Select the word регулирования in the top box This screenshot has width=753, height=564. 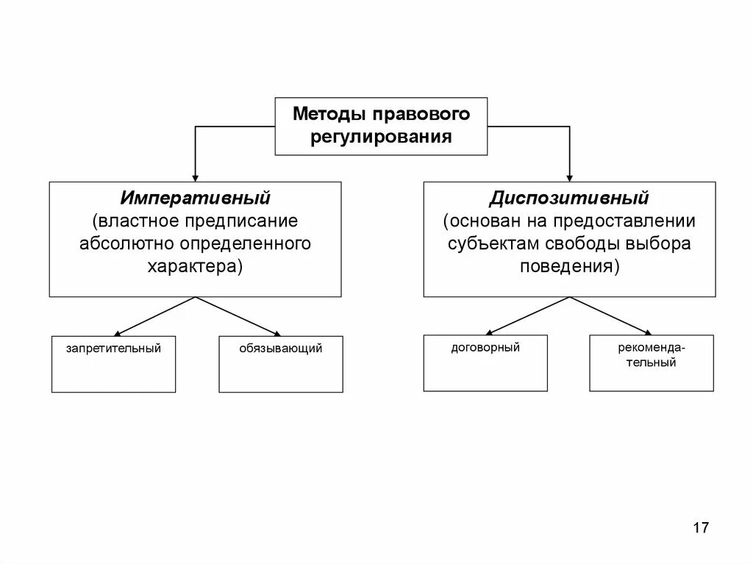[381, 137]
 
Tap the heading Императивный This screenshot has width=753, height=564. [196, 199]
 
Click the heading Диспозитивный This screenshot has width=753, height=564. [569, 199]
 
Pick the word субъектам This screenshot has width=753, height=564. [485, 243]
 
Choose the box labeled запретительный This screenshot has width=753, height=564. [113, 364]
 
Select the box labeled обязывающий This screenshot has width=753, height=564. [280, 364]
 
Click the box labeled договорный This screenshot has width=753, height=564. [485, 363]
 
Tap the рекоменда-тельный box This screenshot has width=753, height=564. [652, 363]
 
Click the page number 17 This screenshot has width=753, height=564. [700, 527]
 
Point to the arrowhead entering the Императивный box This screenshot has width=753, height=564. [195, 176]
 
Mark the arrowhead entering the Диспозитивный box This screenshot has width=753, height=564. [570, 176]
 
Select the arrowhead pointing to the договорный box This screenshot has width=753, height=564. [490, 332]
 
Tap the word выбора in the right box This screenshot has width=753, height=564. [657, 243]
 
